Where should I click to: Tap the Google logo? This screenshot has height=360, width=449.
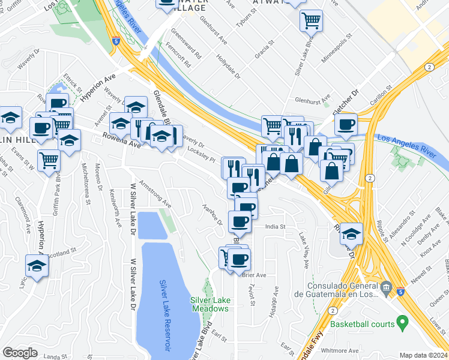tap(20, 353)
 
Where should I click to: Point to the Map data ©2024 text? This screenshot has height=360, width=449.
tap(423, 355)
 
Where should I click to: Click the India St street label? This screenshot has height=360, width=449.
tap(275, 227)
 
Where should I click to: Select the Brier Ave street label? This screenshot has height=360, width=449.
tap(253, 275)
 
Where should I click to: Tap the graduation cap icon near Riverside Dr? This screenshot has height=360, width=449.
tap(351, 233)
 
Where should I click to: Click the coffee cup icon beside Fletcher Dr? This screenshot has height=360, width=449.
tap(346, 124)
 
